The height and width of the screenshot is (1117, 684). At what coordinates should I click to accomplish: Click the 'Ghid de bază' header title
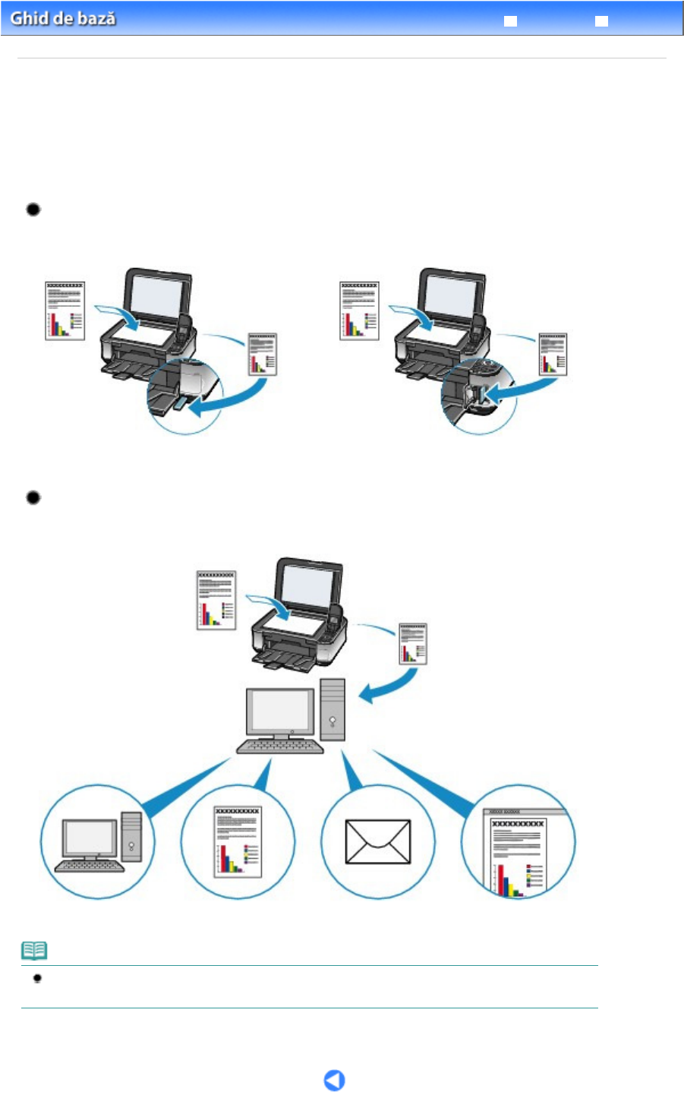click(63, 18)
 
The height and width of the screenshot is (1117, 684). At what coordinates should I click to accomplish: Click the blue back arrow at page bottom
click(334, 1080)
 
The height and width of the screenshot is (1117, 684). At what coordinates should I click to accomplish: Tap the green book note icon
click(34, 950)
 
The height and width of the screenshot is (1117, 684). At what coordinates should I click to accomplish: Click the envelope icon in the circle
click(377, 841)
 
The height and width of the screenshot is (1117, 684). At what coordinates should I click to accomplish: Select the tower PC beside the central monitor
click(333, 709)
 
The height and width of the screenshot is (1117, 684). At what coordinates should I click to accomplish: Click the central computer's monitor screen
click(281, 712)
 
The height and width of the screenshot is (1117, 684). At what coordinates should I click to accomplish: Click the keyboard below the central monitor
click(280, 747)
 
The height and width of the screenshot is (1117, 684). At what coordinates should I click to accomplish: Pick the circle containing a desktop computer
click(97, 841)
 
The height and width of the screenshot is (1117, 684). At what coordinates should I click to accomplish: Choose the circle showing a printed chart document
click(238, 841)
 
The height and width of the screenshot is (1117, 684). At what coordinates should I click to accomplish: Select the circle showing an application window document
click(519, 841)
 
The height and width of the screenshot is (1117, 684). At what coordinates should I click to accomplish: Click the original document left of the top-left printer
click(65, 311)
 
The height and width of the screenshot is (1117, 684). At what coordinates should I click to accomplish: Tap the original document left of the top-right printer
click(359, 311)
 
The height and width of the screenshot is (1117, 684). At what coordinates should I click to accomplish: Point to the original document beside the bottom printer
click(216, 600)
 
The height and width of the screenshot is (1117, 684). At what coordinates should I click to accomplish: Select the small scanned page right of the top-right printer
click(553, 354)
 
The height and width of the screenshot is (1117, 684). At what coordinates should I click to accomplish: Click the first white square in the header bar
click(511, 21)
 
